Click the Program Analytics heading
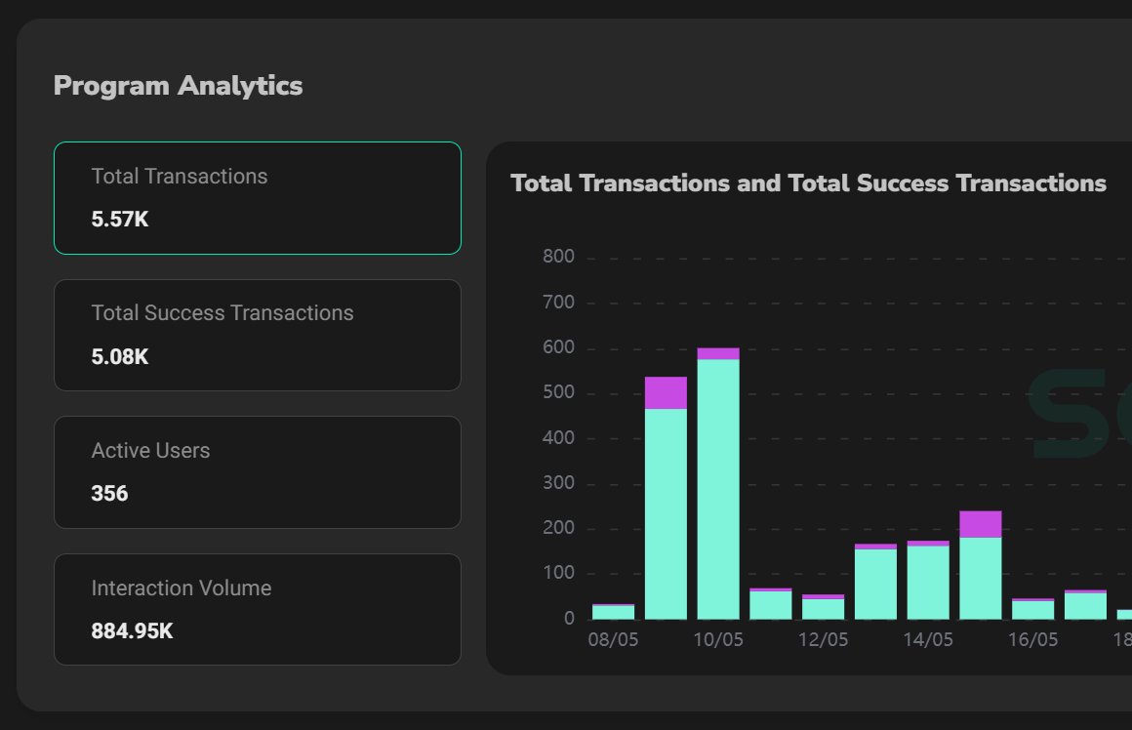pos(178,86)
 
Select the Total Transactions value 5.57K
pos(120,220)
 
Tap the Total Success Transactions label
pos(222,313)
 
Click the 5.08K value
pos(120,356)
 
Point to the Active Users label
pos(150,451)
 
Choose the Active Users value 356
pos(109,494)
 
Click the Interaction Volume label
pos(182,588)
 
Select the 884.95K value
pos(132,631)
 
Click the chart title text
pos(808,183)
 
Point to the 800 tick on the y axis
pos(559,258)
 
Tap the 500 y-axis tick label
pos(559,393)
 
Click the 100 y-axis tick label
pos(559,574)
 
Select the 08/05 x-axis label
pos(613,640)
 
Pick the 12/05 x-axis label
pos(823,640)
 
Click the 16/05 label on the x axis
pos(1032,640)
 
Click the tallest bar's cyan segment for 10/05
pos(718,488)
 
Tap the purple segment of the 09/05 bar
pos(666,392)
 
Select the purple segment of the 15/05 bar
pos(981,524)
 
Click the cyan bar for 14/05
pos(928,583)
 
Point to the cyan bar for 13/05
pos(875,584)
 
